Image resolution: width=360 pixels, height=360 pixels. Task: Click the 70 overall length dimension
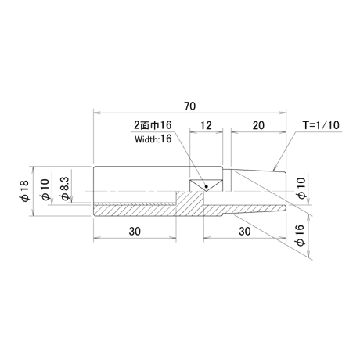[189, 106]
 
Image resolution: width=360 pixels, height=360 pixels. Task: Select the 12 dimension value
[206, 125]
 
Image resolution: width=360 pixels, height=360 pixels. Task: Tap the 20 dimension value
[258, 125]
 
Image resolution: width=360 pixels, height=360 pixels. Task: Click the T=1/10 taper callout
[321, 125]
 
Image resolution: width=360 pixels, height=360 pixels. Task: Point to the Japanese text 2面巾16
[153, 125]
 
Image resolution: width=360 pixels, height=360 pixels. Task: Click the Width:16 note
[153, 139]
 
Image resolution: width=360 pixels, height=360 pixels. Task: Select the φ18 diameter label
[26, 191]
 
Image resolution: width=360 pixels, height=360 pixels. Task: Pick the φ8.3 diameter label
[65, 189]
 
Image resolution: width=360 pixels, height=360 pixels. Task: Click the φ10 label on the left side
[45, 190]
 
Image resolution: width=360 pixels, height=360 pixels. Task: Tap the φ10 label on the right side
[301, 188]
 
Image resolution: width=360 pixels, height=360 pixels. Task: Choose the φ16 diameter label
[301, 235]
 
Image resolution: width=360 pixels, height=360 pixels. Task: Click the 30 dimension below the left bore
[135, 232]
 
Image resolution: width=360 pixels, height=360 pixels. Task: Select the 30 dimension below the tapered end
[245, 232]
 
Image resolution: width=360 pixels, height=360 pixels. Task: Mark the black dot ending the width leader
[207, 186]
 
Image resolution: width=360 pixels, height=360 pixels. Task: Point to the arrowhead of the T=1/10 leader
[274, 168]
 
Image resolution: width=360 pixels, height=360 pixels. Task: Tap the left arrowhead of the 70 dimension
[97, 113]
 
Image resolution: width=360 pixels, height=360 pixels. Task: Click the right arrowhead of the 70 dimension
[283, 113]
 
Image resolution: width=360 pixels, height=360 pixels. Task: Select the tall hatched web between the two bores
[190, 203]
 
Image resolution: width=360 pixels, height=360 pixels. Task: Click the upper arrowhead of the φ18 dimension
[33, 170]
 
